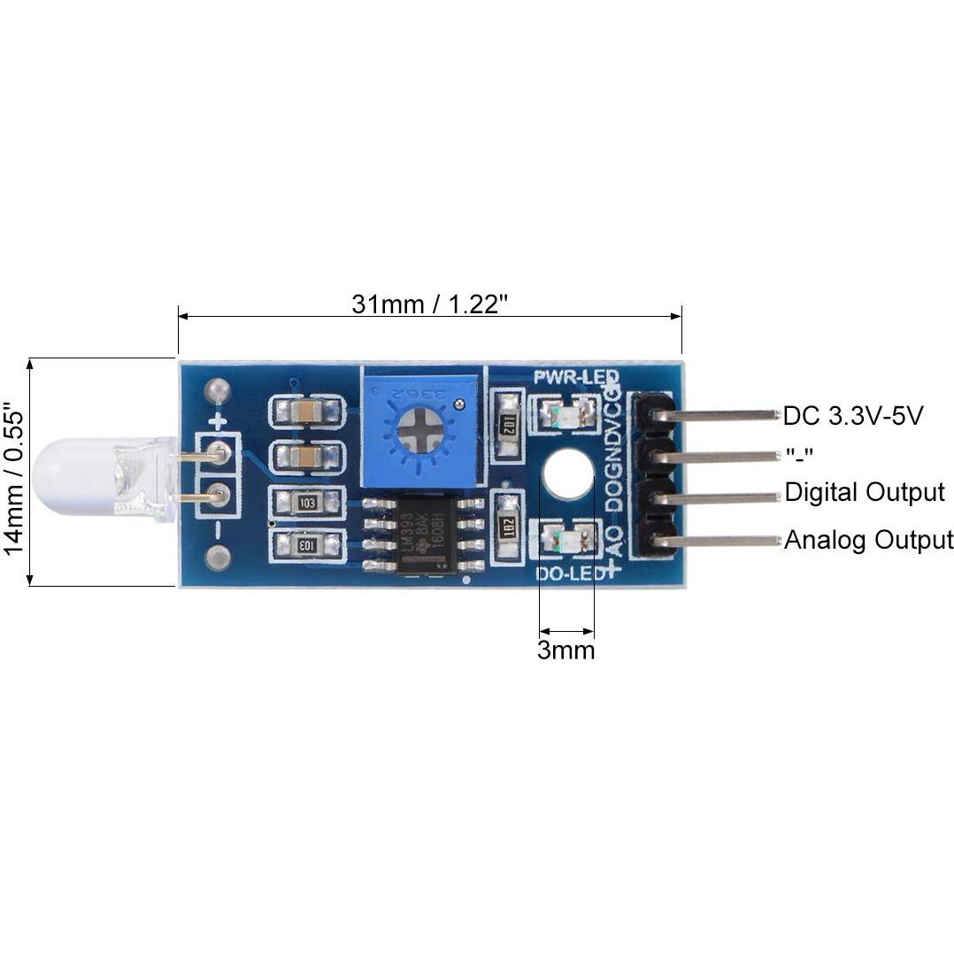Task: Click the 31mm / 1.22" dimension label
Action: [429, 304]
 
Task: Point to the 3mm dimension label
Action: [565, 651]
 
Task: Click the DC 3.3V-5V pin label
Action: [853, 415]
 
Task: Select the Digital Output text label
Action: [865, 492]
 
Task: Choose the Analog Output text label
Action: [868, 539]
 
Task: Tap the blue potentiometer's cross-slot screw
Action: [421, 432]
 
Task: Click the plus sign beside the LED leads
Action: [218, 421]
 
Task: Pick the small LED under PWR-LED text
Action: [559, 414]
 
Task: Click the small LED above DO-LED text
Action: [559, 538]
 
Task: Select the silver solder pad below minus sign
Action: [217, 558]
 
